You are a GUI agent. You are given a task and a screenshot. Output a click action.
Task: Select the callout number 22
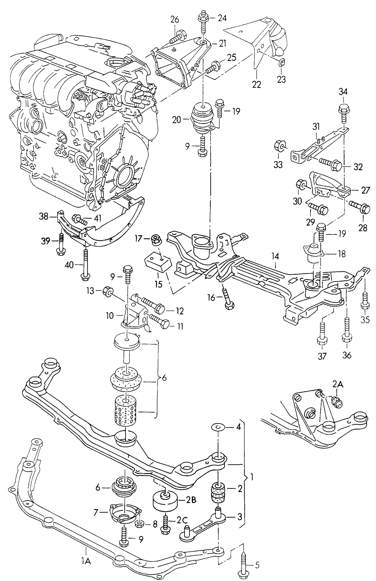pyautogui.click(x=256, y=84)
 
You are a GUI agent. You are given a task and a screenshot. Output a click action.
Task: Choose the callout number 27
pyautogui.click(x=365, y=190)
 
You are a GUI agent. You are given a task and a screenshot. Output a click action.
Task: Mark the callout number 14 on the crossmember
pyautogui.click(x=275, y=256)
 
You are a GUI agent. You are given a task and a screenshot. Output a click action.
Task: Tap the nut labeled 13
pyautogui.click(x=107, y=291)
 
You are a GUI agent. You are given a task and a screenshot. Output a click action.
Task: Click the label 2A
pyautogui.click(x=337, y=384)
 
